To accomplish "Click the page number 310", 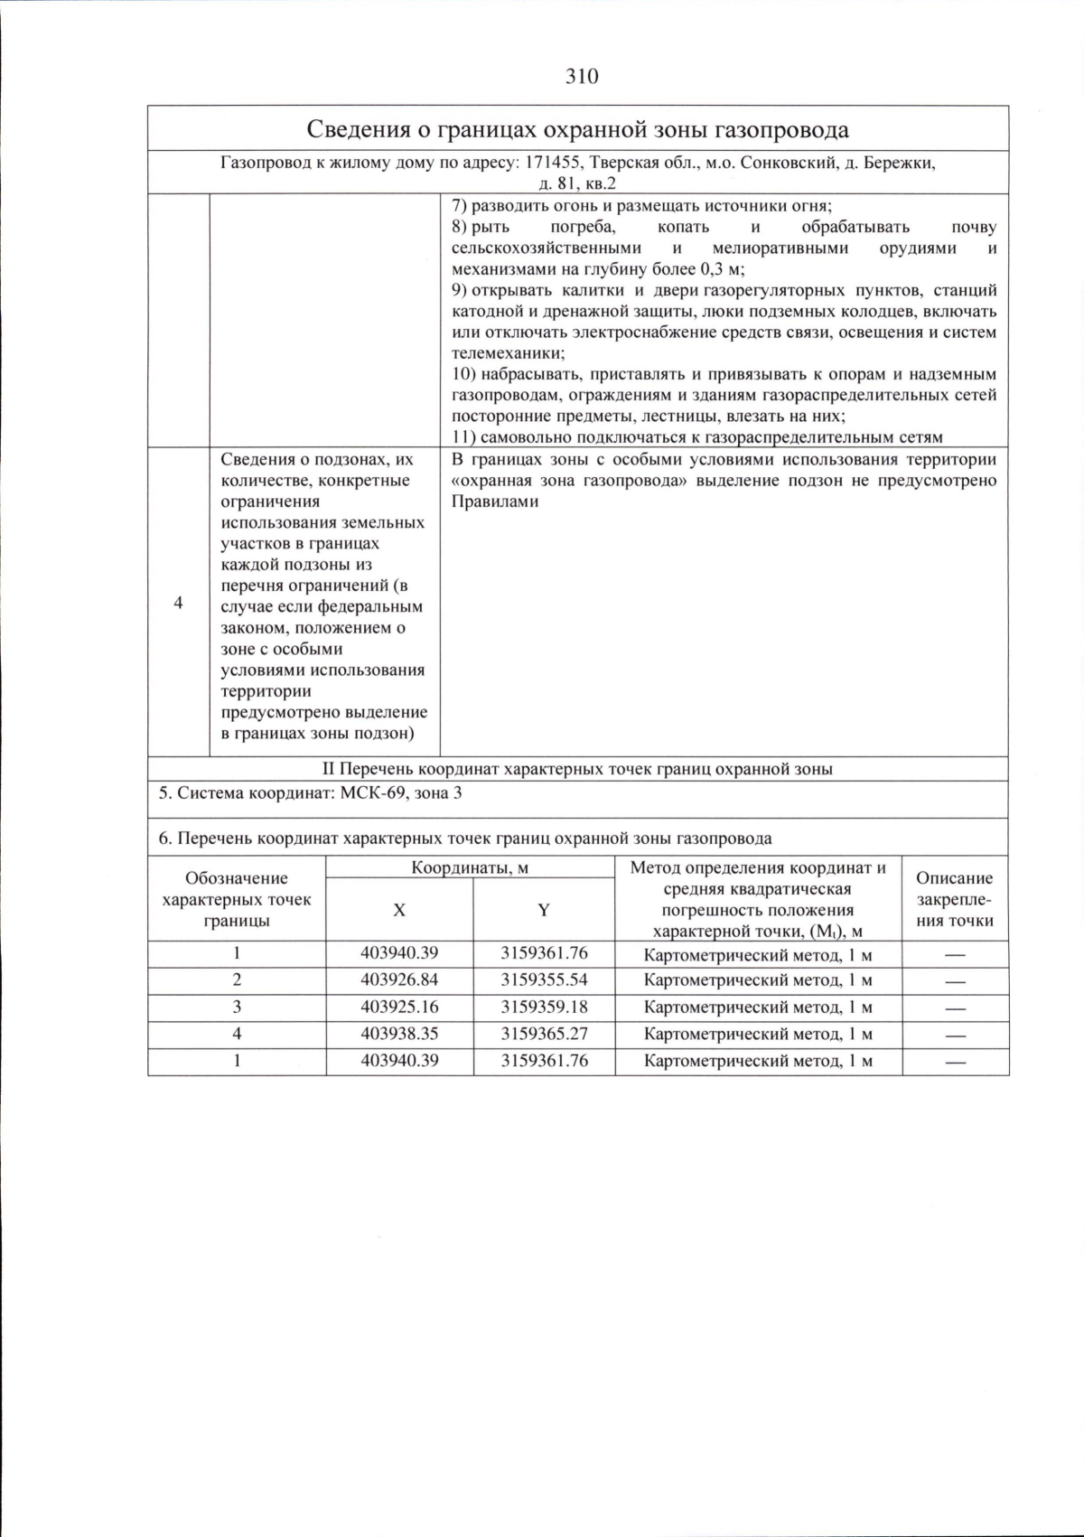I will coord(582,77).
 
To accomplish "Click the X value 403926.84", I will coord(399,980).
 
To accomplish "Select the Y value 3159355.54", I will coord(544,980).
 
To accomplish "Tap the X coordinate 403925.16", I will coord(399,1007).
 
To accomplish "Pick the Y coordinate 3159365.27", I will coord(544,1034).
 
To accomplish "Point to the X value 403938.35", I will coord(399,1034).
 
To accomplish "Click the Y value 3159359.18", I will coord(544,1007).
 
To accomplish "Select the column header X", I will coord(399,910).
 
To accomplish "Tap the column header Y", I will coord(544,910).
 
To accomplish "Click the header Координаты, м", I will coord(470,868).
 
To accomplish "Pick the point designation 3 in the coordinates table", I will coord(237,1007).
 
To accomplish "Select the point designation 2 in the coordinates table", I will coord(237,980).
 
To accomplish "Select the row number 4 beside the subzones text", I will coord(178,603).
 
